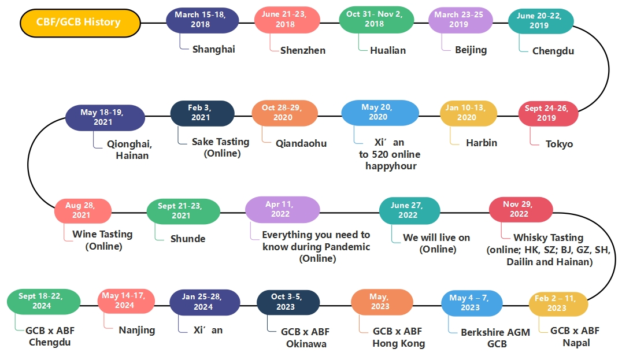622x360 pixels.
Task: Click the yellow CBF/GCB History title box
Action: click(80, 23)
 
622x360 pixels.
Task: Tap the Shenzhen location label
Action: click(302, 50)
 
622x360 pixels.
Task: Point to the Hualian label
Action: click(388, 50)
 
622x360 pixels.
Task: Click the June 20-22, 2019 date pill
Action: click(540, 21)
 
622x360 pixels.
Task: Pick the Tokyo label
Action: click(559, 144)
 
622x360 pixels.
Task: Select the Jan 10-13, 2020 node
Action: click(469, 113)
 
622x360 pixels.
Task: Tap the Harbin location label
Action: click(482, 143)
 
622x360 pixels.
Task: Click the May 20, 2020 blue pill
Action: click(380, 112)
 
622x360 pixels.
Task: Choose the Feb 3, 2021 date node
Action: click(202, 113)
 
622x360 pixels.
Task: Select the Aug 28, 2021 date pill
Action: click(83, 210)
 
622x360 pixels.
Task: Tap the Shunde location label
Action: click(188, 239)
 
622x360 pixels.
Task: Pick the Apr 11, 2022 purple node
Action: click(282, 209)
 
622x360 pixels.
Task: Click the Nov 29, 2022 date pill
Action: click(520, 209)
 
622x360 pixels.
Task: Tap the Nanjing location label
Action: click(137, 330)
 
